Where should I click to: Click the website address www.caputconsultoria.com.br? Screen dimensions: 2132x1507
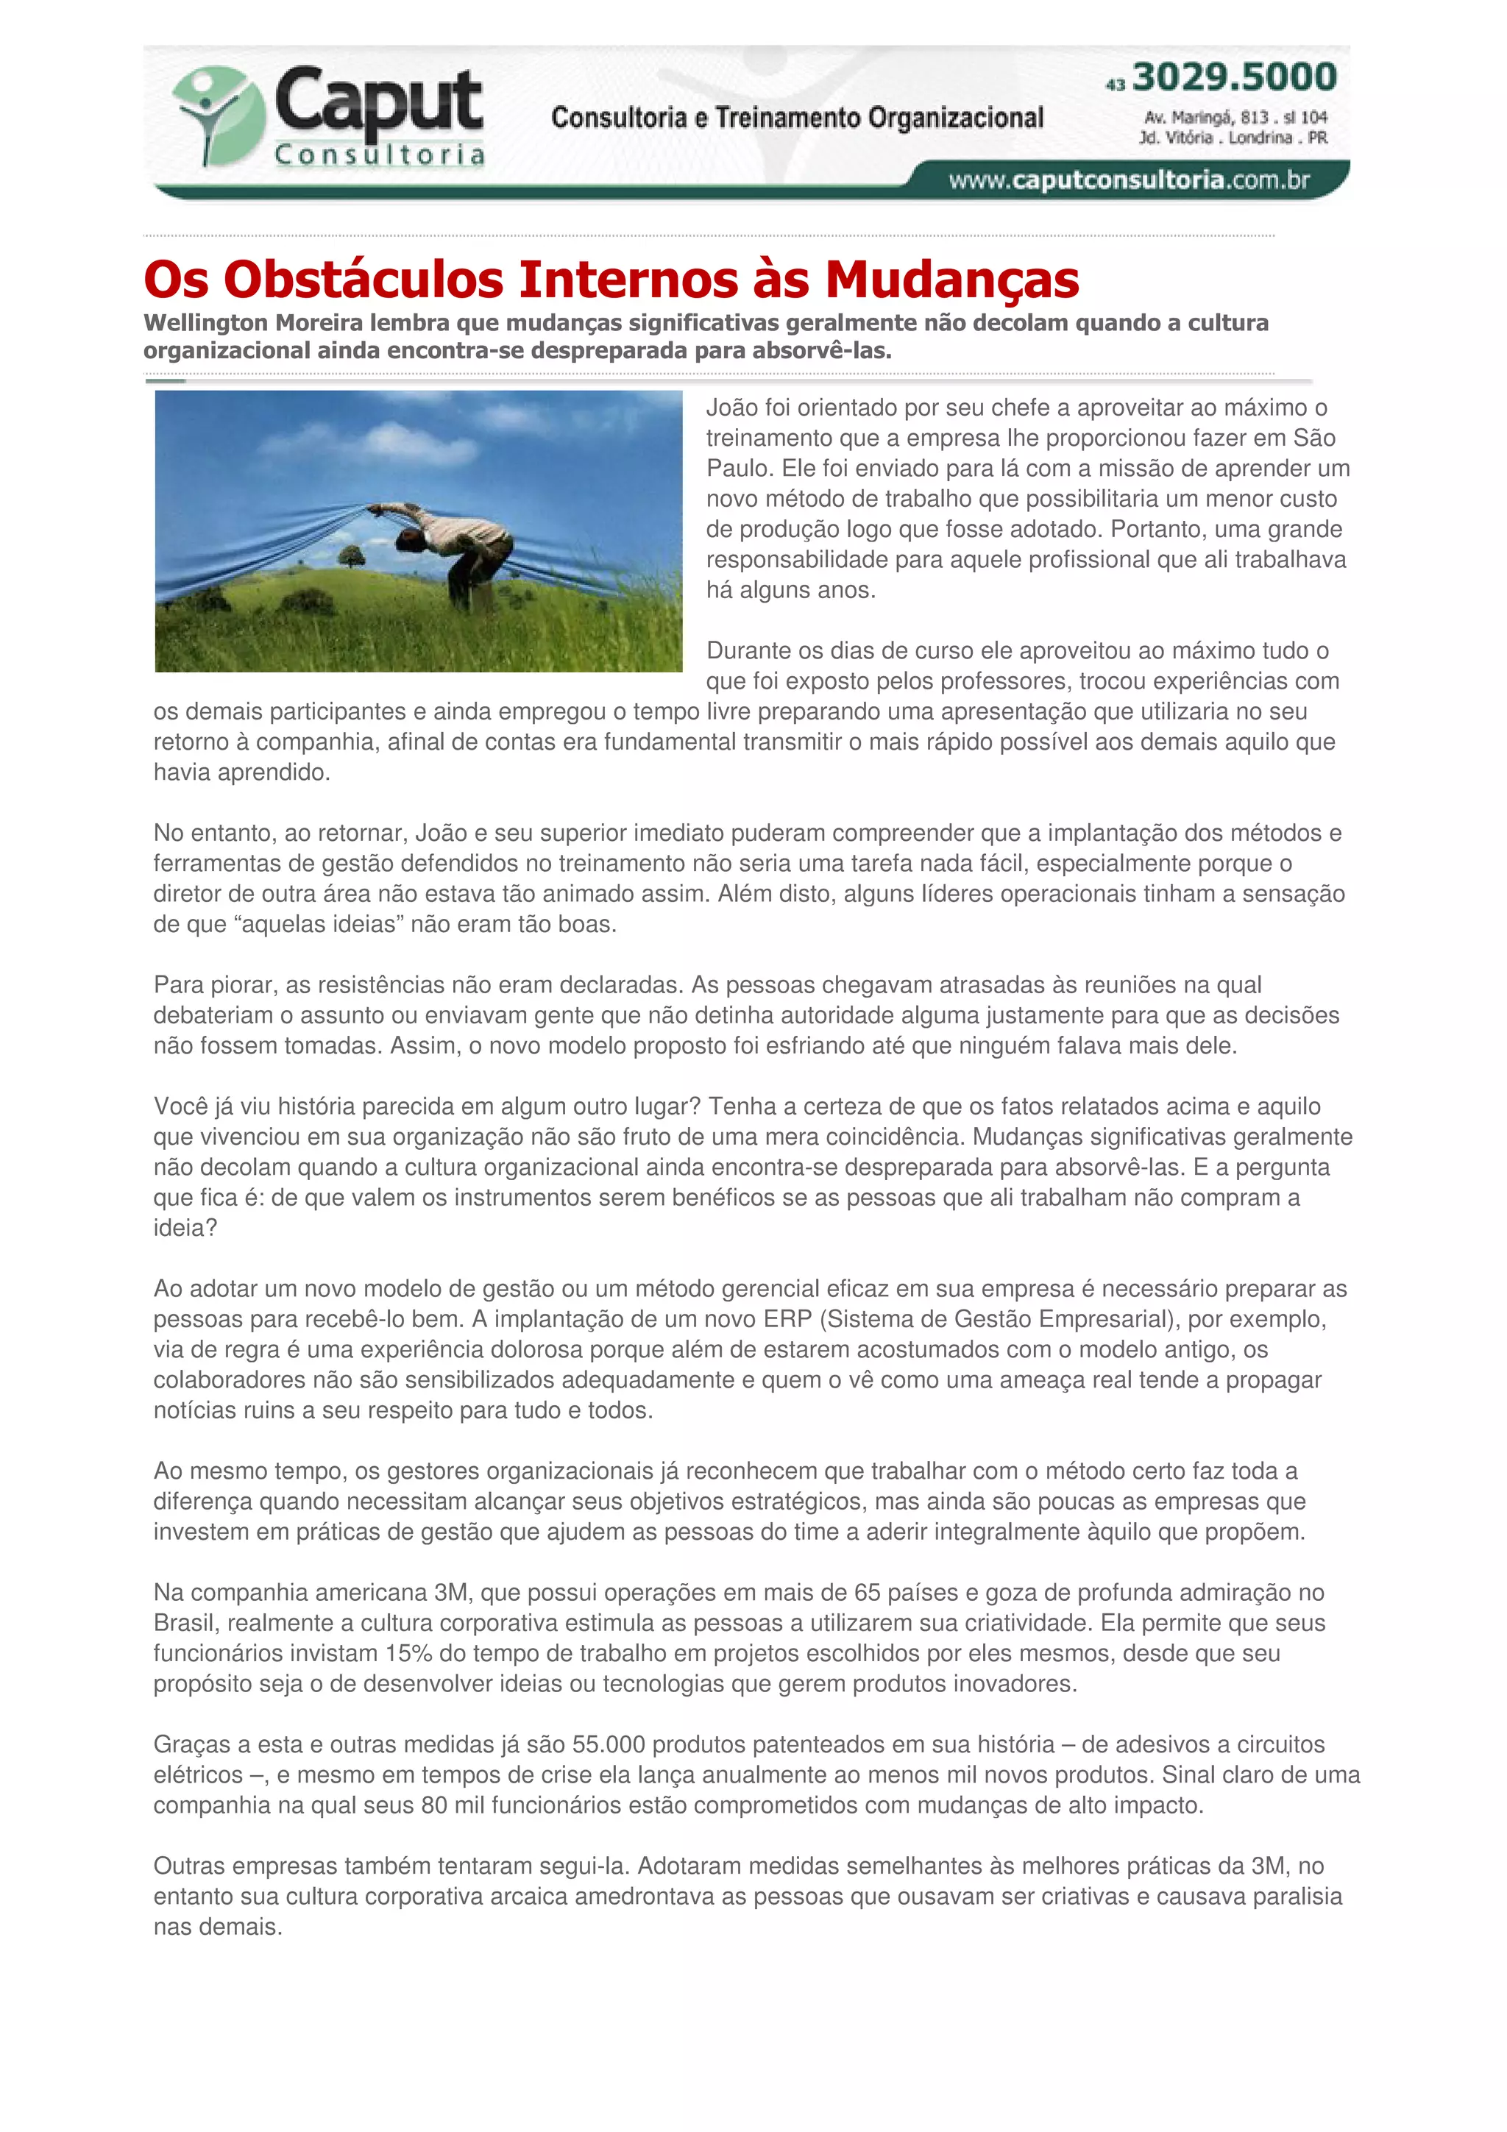click(x=1128, y=180)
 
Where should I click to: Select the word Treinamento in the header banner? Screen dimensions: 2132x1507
click(x=788, y=118)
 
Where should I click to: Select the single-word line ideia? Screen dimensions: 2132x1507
click(x=185, y=1228)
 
